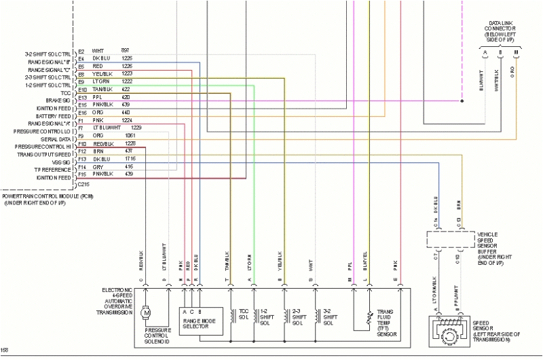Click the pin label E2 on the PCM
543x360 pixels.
tap(81, 52)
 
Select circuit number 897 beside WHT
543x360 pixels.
tap(126, 51)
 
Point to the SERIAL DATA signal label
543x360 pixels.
tap(55, 139)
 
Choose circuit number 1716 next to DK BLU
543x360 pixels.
tap(130, 158)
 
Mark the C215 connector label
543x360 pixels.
tap(83, 184)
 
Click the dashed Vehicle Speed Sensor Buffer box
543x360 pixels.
tap(450, 240)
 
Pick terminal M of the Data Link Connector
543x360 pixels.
tap(517, 52)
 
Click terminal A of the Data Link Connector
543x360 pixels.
tap(485, 52)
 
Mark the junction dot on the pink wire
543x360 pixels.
tap(462, 101)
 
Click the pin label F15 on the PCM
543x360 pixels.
tap(82, 174)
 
